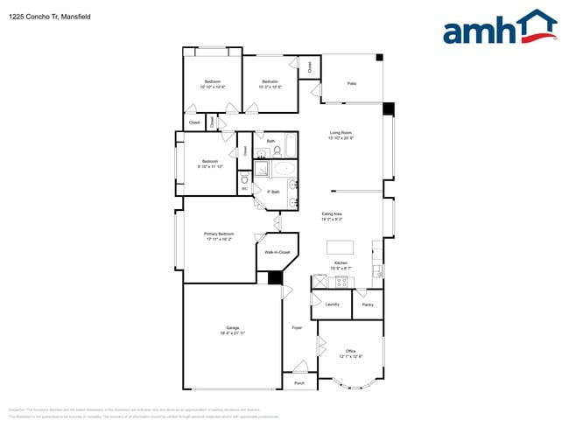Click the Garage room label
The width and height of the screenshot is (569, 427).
(x=232, y=328)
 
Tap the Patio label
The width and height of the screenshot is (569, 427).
(x=352, y=83)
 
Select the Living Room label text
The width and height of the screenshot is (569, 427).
(x=341, y=132)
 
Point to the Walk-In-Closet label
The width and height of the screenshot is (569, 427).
(x=277, y=252)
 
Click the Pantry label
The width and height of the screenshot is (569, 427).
(x=367, y=304)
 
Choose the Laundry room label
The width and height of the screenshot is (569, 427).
(x=332, y=304)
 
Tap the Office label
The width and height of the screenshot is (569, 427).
(x=350, y=351)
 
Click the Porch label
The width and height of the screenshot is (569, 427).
(x=299, y=383)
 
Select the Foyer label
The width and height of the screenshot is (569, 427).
(x=297, y=328)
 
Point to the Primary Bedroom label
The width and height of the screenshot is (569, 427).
(x=220, y=234)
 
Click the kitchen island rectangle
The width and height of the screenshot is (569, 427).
(x=340, y=247)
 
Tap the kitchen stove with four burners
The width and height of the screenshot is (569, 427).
(x=341, y=281)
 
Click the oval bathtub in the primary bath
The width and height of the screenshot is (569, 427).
(x=284, y=170)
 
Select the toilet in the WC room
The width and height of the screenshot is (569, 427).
(x=244, y=178)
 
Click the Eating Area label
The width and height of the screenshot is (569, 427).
(x=332, y=213)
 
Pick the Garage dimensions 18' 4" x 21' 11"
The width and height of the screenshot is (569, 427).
(x=232, y=333)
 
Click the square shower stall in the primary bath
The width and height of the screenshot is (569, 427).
(x=261, y=170)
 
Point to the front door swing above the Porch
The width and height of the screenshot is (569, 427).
(x=299, y=367)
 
